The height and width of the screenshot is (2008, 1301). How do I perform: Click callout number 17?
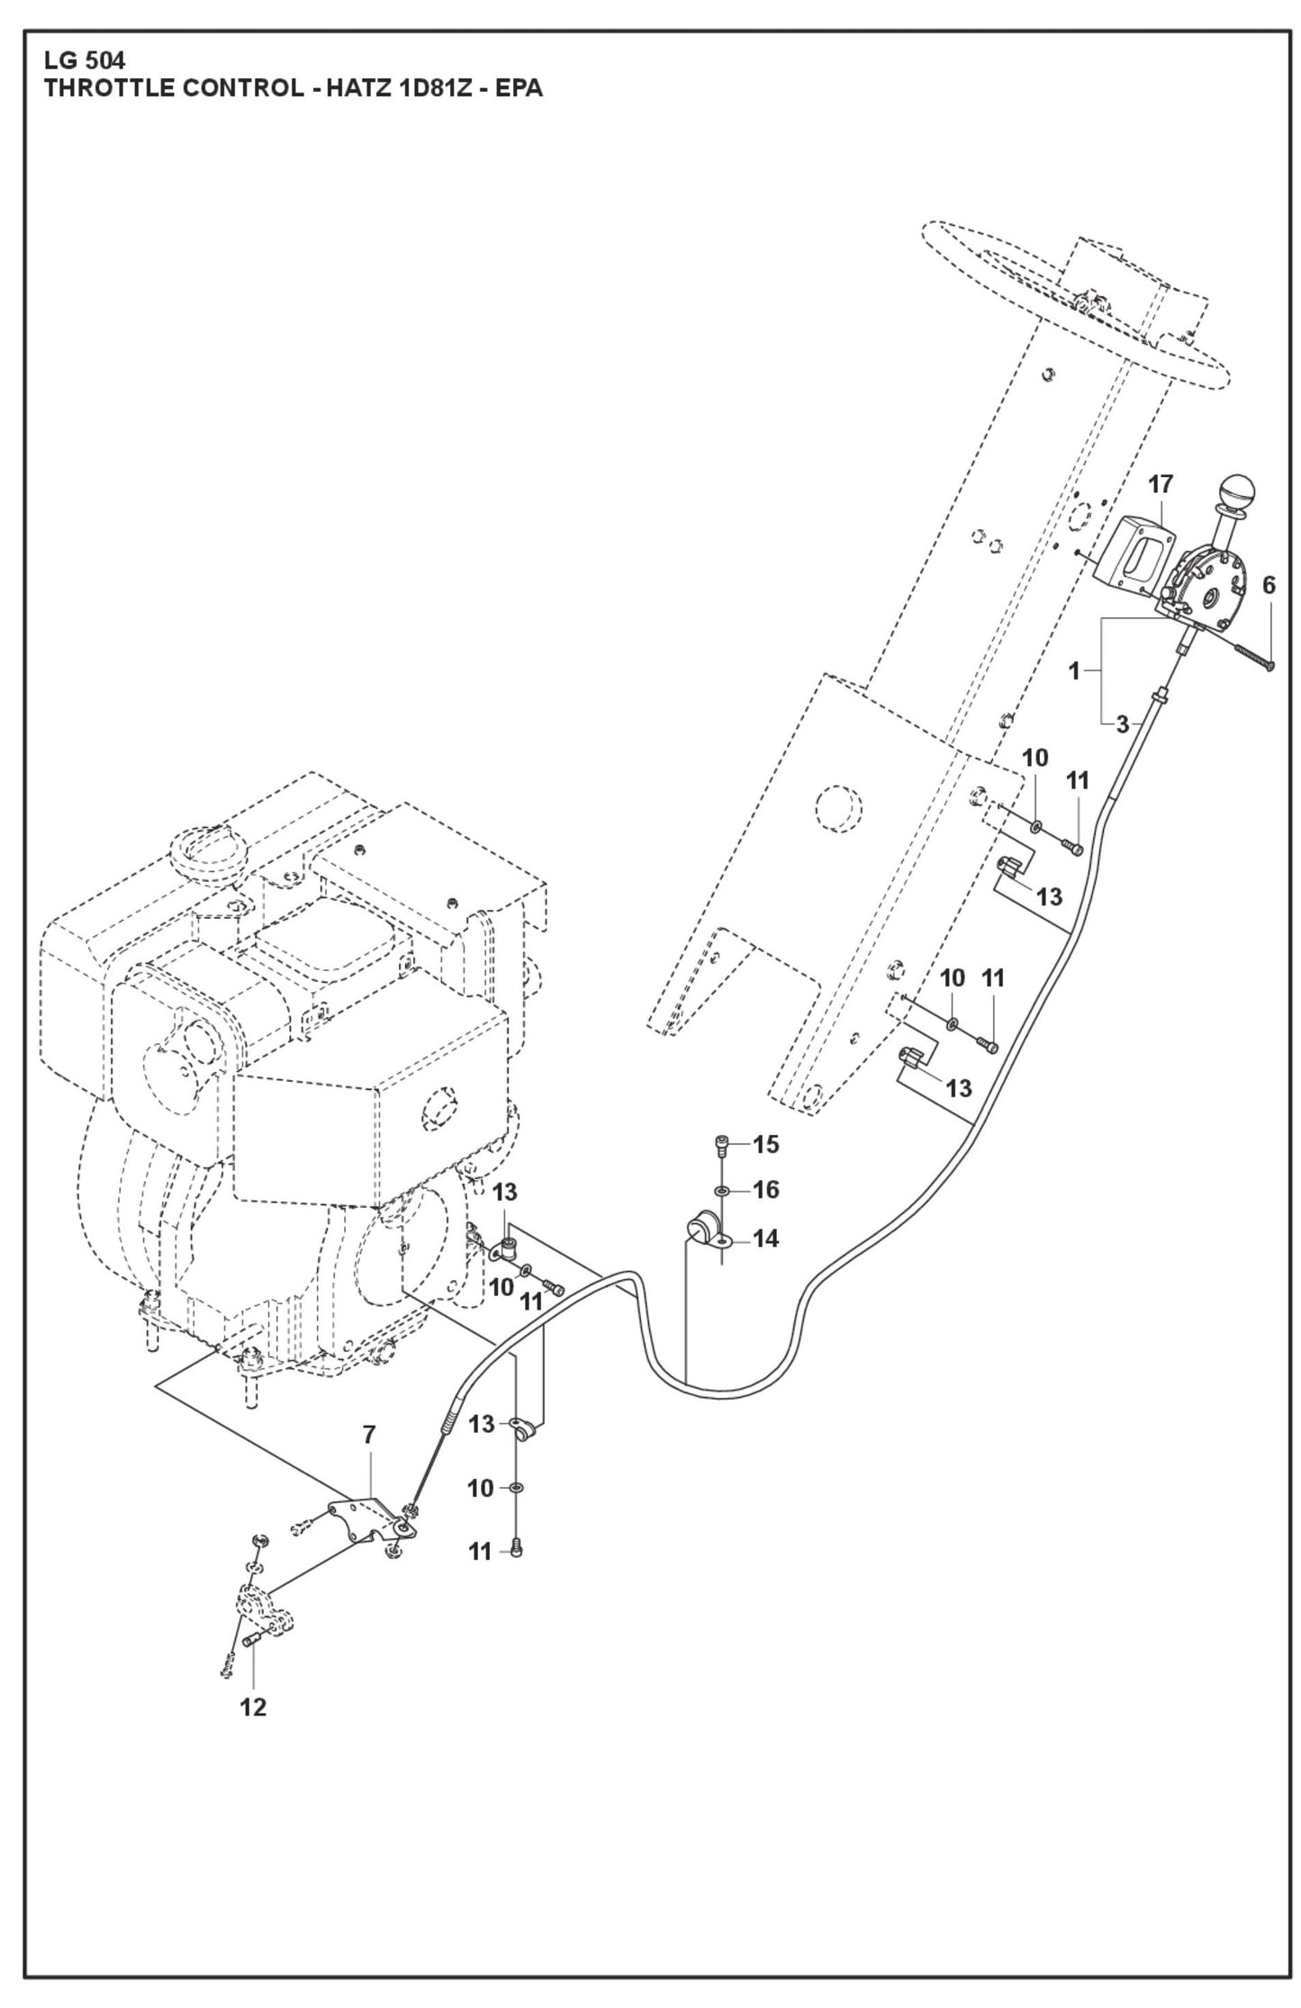(1161, 485)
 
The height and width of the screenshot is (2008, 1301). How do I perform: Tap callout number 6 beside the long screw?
(1268, 586)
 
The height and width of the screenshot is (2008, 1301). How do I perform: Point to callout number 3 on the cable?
(1122, 725)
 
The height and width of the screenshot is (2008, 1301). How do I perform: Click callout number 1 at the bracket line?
(1073, 671)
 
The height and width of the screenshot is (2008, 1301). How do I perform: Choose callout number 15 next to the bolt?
(765, 1145)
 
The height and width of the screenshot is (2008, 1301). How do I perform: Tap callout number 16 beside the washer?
(765, 1190)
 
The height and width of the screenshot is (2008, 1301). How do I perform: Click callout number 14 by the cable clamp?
(765, 1239)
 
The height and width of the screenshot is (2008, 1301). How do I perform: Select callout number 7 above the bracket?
(368, 1436)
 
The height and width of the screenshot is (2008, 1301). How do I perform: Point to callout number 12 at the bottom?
(253, 1707)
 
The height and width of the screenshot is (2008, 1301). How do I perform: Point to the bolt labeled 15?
(721, 1145)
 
